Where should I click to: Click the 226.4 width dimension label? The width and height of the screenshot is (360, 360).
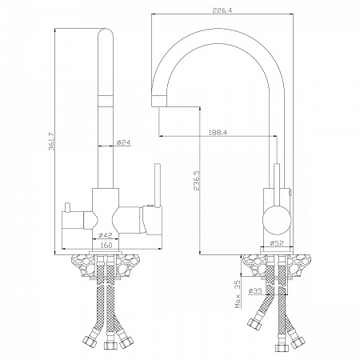[222, 10]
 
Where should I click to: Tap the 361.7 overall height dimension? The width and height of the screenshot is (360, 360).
[51, 142]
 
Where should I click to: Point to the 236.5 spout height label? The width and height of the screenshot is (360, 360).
[197, 180]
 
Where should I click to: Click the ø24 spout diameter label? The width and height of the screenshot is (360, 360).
[123, 142]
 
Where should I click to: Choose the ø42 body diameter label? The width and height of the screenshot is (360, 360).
[106, 235]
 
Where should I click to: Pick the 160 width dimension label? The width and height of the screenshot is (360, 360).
[106, 245]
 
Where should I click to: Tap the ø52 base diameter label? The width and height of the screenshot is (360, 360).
[277, 243]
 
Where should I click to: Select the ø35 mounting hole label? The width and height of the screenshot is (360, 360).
[255, 291]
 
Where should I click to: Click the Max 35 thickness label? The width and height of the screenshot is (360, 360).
[238, 294]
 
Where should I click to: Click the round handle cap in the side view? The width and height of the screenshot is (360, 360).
[277, 220]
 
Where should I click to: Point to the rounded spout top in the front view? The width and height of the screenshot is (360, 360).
[106, 34]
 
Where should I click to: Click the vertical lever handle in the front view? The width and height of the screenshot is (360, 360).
[158, 186]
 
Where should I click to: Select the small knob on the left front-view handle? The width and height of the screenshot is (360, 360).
[66, 208]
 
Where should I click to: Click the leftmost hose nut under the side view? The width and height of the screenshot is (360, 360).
[254, 322]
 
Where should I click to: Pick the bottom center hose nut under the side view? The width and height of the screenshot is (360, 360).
[282, 348]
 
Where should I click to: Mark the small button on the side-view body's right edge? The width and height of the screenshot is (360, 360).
[290, 193]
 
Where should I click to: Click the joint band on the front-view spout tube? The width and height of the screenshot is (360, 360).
[106, 100]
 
